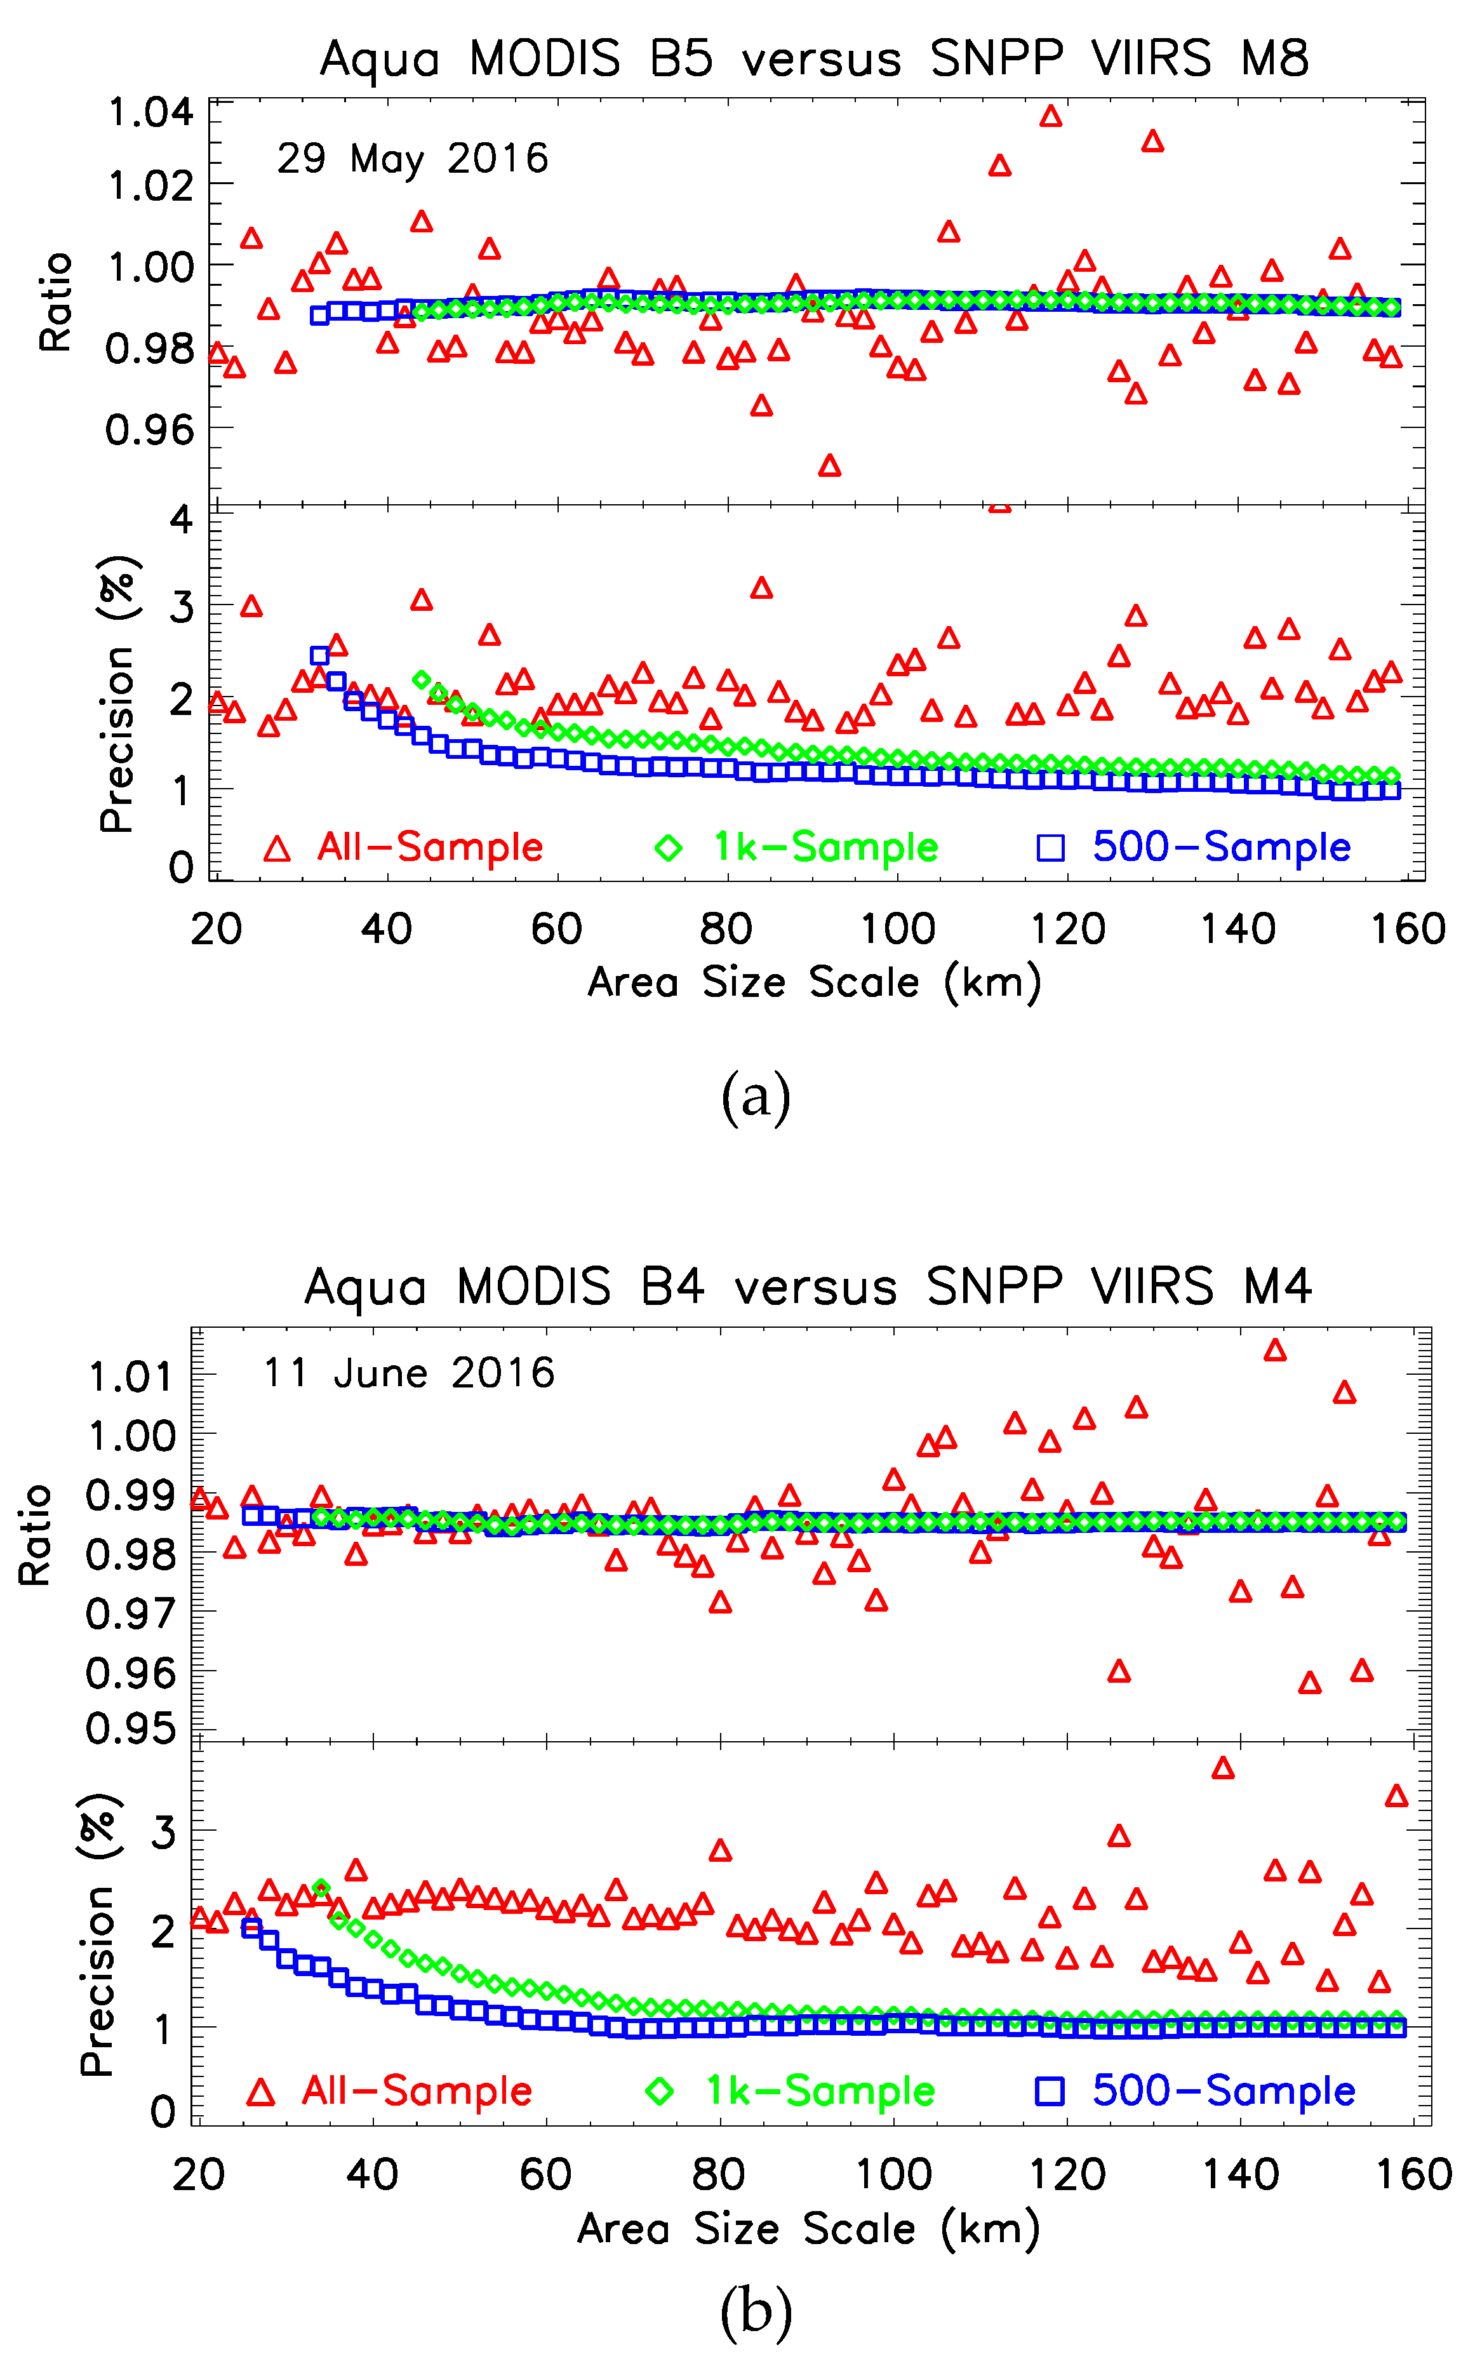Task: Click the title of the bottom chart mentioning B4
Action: point(808,1287)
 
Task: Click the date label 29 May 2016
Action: point(413,159)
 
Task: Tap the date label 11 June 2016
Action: point(409,1373)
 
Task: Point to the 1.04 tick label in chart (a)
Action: point(150,113)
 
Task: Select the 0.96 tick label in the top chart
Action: point(150,429)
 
